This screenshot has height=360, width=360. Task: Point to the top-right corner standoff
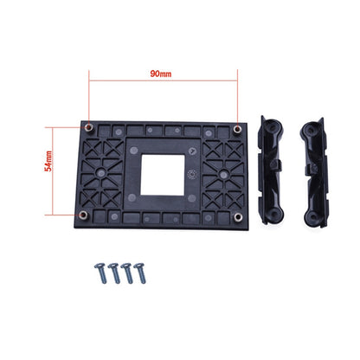point(236,129)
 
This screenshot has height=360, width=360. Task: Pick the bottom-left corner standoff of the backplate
point(82,215)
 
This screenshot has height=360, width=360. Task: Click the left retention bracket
point(275,173)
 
